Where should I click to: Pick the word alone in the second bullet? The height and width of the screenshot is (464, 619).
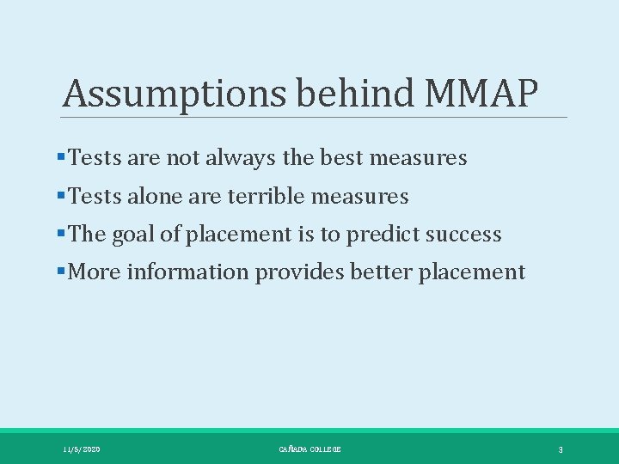(x=150, y=197)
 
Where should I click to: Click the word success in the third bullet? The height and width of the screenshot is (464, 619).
(x=466, y=235)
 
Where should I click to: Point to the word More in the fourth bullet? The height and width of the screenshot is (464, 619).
(x=94, y=272)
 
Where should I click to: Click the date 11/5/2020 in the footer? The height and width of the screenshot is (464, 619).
(x=82, y=449)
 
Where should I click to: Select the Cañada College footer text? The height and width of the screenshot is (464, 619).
(x=309, y=449)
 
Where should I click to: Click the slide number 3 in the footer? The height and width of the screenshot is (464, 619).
(x=560, y=449)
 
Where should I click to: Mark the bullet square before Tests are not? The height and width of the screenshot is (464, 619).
(x=59, y=158)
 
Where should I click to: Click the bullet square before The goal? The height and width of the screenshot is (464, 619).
(x=59, y=235)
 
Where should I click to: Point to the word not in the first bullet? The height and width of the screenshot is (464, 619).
(x=182, y=158)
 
